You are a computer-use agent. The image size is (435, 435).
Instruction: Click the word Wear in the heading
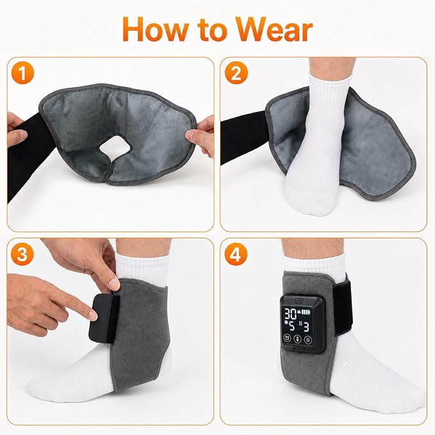coord(274,29)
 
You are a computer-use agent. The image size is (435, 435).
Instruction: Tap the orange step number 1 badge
coord(23,72)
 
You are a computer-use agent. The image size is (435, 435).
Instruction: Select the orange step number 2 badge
coord(236,72)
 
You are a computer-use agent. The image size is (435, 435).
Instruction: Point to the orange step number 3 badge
coord(23,254)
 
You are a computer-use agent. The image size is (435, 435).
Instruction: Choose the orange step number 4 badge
coord(236,254)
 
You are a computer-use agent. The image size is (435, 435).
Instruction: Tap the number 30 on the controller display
coord(290,315)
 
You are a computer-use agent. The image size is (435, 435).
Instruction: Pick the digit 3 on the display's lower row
coord(306,327)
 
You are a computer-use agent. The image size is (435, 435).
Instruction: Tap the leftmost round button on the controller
coord(287,338)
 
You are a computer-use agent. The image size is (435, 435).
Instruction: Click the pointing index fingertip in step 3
coord(93,316)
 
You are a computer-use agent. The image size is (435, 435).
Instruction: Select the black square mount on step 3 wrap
coord(102,318)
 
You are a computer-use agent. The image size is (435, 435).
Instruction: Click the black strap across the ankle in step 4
coord(343,307)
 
